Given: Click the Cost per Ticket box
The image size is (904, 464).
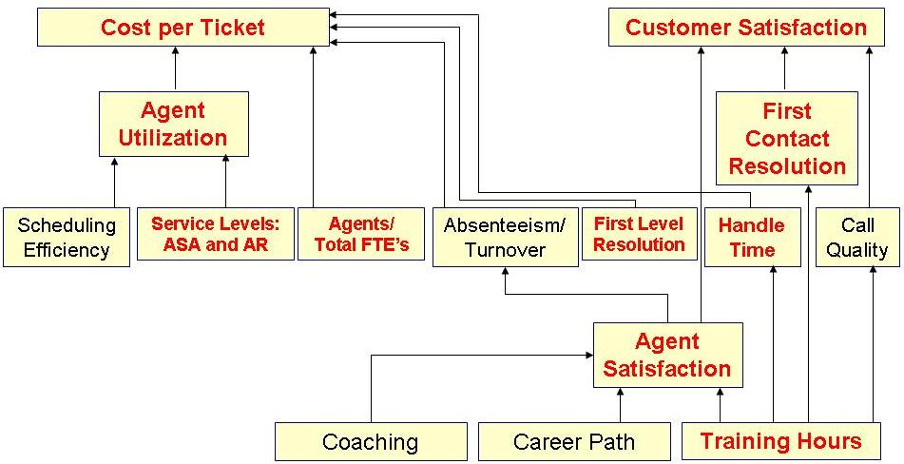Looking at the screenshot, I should (x=183, y=27).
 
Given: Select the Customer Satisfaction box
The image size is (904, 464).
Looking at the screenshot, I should (x=746, y=27).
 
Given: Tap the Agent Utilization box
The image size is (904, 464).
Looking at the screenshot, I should (x=173, y=124).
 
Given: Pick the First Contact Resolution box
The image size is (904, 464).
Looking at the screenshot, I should (x=786, y=139).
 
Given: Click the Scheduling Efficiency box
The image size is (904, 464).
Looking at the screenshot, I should (x=67, y=238).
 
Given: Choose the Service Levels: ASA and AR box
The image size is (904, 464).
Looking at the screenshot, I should (x=215, y=234).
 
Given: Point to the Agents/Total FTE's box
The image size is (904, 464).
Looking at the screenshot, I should (x=361, y=234).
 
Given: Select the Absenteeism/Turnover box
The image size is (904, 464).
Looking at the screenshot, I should (x=505, y=237).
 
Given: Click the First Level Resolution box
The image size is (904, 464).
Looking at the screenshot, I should (x=639, y=234).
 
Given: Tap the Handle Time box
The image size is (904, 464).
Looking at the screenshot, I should (x=751, y=238).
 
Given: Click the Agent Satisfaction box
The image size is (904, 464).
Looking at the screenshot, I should (x=667, y=355).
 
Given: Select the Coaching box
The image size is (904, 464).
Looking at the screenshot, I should (x=371, y=442).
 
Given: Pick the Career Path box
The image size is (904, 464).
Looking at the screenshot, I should (x=573, y=442).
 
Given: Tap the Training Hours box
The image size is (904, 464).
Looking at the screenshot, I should (x=780, y=441).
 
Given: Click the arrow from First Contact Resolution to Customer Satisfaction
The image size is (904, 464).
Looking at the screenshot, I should (x=785, y=69).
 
